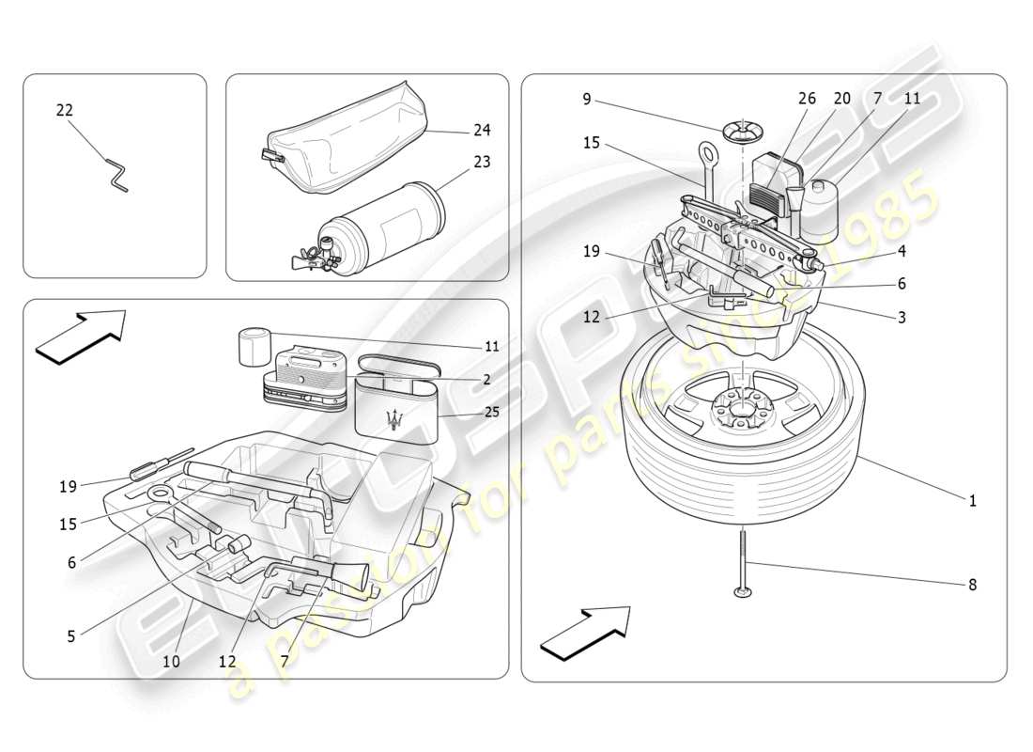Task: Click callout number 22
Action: pos(64,110)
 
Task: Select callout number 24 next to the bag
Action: pos(482,130)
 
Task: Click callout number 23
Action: pos(482,162)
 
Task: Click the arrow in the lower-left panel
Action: pos(82,335)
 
